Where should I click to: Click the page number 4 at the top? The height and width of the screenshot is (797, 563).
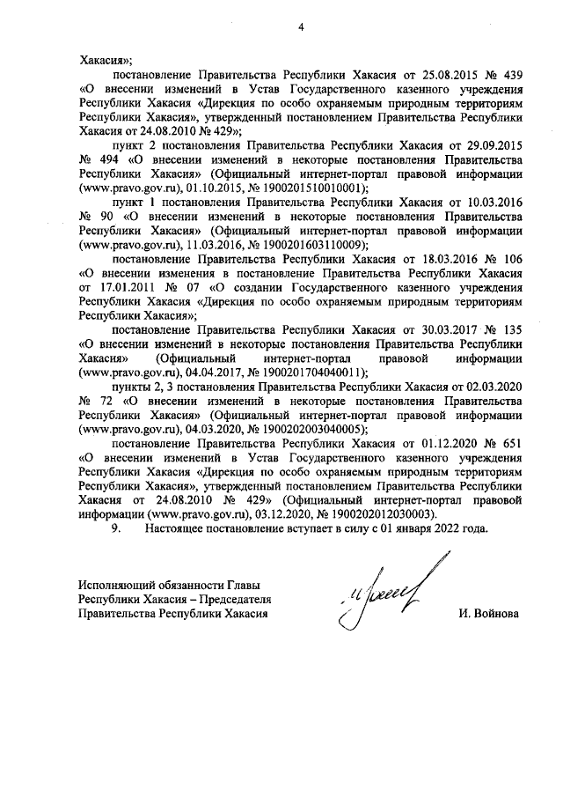pyautogui.click(x=300, y=26)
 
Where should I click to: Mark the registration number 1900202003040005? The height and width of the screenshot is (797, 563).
pyautogui.click(x=301, y=430)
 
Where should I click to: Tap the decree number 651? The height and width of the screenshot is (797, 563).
pyautogui.click(x=512, y=444)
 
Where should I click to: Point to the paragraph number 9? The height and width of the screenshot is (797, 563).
pyautogui.click(x=113, y=529)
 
